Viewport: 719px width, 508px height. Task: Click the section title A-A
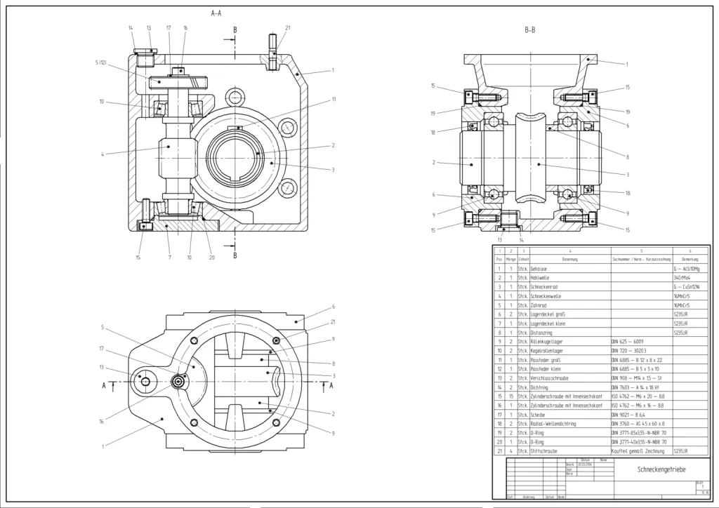pos(218,13)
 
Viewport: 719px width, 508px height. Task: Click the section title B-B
pos(530,30)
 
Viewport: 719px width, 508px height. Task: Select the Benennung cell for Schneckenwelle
pos(547,296)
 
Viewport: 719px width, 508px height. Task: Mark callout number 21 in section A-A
pos(288,27)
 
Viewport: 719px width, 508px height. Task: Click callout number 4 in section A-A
pos(103,154)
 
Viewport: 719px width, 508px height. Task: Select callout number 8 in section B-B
pos(627,157)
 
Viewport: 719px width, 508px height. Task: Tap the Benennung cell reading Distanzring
pos(544,333)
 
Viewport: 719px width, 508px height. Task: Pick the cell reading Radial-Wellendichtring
pos(555,424)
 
